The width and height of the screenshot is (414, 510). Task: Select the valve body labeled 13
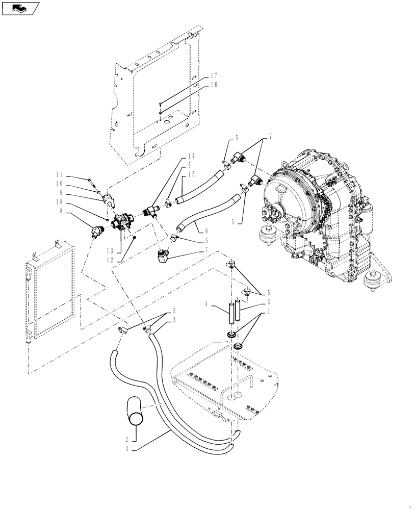(x=122, y=223)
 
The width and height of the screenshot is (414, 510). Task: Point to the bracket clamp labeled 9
(x=108, y=200)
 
